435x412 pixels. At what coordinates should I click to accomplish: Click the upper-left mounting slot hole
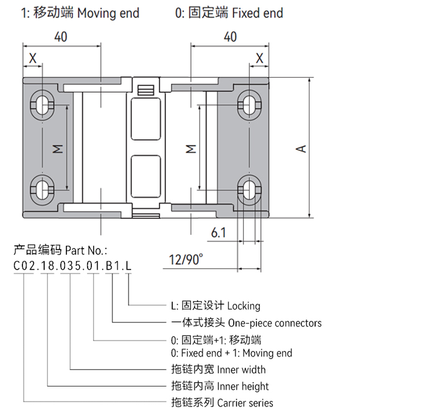(42, 105)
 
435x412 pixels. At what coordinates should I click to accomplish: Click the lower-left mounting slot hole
(42, 190)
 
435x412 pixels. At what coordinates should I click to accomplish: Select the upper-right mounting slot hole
(249, 105)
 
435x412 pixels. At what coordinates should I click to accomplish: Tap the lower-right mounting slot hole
(249, 190)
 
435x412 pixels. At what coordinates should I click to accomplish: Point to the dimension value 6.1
(219, 232)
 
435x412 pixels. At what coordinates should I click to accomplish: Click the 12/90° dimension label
(186, 259)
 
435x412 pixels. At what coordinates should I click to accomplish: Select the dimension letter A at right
(301, 149)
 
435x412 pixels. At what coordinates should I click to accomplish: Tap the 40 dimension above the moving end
(61, 37)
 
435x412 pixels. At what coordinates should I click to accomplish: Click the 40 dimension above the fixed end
(231, 37)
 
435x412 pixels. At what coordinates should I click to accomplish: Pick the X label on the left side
(33, 58)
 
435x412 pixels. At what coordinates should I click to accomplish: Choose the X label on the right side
(259, 58)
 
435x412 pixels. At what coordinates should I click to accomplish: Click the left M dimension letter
(58, 149)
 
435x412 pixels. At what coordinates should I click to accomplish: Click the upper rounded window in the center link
(145, 119)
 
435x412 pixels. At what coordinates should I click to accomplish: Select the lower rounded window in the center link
(145, 176)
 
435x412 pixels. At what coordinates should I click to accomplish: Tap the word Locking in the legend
(244, 306)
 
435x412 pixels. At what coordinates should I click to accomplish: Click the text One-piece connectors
(275, 323)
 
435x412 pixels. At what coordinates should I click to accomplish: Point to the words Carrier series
(245, 403)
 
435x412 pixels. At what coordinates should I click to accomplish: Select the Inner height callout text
(243, 386)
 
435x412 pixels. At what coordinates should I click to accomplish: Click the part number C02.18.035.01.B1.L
(73, 266)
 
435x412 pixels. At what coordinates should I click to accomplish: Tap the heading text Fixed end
(257, 13)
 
